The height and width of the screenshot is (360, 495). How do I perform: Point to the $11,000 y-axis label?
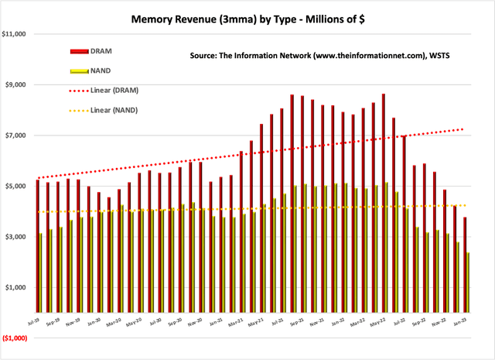pyautogui.click(x=16, y=34)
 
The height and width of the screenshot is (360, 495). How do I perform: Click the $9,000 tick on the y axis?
pyautogui.click(x=18, y=84)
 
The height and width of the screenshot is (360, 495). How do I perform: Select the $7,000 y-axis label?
pyautogui.click(x=18, y=135)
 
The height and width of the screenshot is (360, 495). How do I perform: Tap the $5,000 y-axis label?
pyautogui.click(x=18, y=186)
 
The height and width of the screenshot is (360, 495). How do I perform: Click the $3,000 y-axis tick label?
pyautogui.click(x=18, y=237)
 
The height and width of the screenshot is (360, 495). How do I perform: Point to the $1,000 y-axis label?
pyautogui.click(x=18, y=287)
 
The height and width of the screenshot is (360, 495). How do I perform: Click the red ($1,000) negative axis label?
pyautogui.click(x=16, y=338)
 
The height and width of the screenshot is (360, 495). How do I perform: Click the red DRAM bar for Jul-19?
pyautogui.click(x=37, y=248)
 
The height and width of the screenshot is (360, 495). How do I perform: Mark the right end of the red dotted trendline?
pyautogui.click(x=463, y=129)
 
